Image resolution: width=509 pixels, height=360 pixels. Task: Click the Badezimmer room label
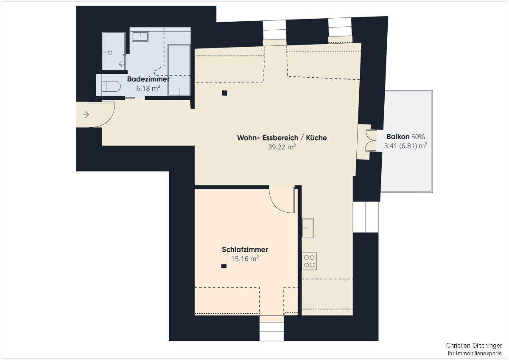click(x=148, y=79)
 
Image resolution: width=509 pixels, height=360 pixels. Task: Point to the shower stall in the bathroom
click(x=113, y=51)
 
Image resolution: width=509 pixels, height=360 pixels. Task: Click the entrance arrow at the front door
click(x=86, y=115)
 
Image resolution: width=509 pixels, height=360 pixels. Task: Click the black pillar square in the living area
click(x=224, y=93)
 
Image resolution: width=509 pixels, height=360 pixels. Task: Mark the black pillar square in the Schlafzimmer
click(x=224, y=266)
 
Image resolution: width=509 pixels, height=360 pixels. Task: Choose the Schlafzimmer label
click(x=245, y=250)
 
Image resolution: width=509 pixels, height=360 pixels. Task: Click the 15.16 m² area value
click(x=245, y=258)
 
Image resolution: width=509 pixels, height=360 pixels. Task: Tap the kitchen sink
click(x=308, y=228)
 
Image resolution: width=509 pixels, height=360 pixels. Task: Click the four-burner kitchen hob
click(x=309, y=261)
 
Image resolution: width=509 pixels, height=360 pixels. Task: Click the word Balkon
click(x=398, y=137)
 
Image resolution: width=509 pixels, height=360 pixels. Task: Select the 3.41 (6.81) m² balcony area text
click(x=405, y=146)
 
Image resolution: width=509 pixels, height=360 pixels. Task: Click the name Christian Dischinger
click(x=474, y=346)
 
